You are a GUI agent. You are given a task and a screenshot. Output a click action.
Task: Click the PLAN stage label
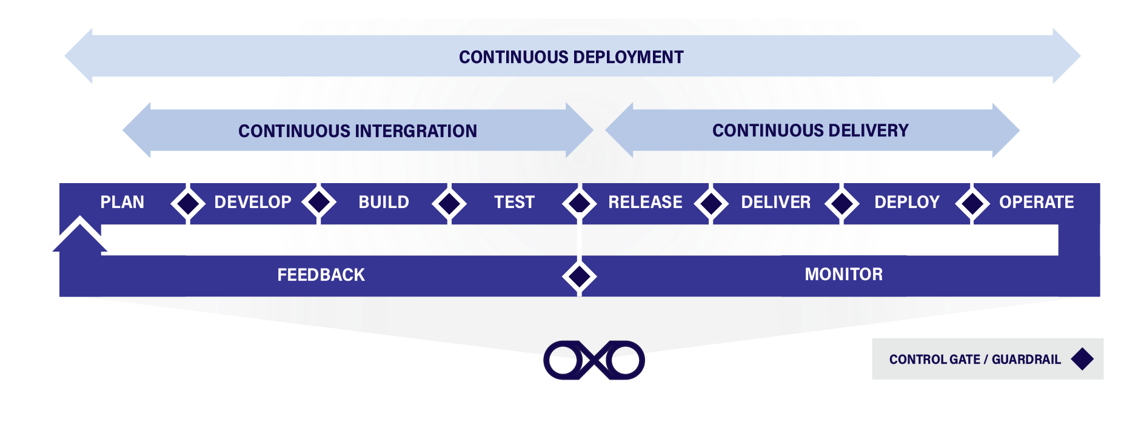[x=122, y=202]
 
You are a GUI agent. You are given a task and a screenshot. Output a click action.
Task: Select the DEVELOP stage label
[x=253, y=202]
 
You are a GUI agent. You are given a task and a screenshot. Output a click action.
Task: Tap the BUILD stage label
[x=384, y=202]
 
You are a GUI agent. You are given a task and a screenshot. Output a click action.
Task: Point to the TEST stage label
[x=514, y=202]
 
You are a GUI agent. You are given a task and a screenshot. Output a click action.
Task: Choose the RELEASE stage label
[x=645, y=202]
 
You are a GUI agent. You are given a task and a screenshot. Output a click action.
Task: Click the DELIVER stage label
[x=775, y=202]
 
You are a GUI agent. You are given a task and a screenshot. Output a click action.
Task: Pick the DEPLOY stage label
[x=906, y=202]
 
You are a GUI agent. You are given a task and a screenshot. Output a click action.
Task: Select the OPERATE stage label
[x=1036, y=202]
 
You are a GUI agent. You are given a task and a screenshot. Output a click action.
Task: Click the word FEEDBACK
[x=321, y=275]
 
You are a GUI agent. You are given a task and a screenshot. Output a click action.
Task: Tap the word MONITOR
[x=843, y=274]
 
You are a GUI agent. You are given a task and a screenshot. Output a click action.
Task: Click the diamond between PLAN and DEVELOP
[x=187, y=203]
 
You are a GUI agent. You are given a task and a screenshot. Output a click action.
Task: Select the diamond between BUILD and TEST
[x=449, y=203]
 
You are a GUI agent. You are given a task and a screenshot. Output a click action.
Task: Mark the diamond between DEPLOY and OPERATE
[x=972, y=203]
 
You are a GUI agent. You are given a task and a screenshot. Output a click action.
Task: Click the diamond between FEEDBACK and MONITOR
[x=580, y=276]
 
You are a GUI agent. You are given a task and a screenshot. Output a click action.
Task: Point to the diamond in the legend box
[x=1082, y=359]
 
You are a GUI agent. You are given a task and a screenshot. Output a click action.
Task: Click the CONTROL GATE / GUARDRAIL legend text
[x=975, y=360]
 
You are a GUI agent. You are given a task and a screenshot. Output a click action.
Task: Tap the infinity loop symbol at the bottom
[x=594, y=360]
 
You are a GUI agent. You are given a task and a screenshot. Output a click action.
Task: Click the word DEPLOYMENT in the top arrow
[x=628, y=57]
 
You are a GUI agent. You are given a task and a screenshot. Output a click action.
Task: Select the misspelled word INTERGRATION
[x=416, y=131]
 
